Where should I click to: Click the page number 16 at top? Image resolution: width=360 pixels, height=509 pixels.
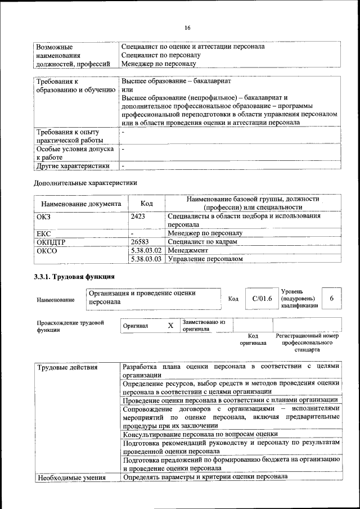(x=187, y=28)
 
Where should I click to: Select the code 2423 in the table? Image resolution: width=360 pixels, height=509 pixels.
(x=138, y=215)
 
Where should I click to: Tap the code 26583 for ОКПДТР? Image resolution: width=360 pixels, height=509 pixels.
(x=140, y=241)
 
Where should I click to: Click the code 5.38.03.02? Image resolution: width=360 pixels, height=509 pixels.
(x=146, y=250)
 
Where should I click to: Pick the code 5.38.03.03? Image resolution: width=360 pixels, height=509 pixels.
(x=146, y=259)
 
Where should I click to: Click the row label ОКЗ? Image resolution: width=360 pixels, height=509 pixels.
(x=43, y=215)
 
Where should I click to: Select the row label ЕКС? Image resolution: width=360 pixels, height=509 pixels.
(x=43, y=232)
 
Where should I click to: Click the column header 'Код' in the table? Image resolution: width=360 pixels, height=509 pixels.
(x=146, y=204)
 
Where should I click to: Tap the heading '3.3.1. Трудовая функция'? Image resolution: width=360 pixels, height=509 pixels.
(x=74, y=277)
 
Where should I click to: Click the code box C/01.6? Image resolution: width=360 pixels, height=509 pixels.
(x=262, y=298)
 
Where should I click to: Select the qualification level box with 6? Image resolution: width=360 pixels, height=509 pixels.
(x=332, y=298)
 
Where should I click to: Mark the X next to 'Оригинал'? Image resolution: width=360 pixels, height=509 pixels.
(x=170, y=326)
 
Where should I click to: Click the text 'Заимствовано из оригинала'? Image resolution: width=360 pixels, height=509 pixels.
(x=203, y=325)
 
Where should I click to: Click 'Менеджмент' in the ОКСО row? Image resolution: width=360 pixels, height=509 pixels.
(x=188, y=250)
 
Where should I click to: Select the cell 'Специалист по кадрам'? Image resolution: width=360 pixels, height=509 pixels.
(x=202, y=241)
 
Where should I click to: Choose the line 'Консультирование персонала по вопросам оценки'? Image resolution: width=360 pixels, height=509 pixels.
(x=200, y=434)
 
